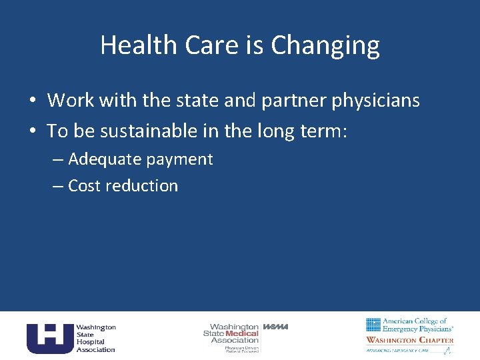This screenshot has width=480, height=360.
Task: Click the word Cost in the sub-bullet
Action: (83, 186)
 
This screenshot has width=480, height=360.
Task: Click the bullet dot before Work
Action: (32, 101)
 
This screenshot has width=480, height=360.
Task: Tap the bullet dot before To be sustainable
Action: (32, 132)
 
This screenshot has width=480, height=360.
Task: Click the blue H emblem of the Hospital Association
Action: (49, 338)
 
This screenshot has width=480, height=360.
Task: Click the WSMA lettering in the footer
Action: (275, 327)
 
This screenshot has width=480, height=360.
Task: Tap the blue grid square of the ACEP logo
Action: (373, 325)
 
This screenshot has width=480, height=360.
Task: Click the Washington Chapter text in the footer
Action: (409, 340)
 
